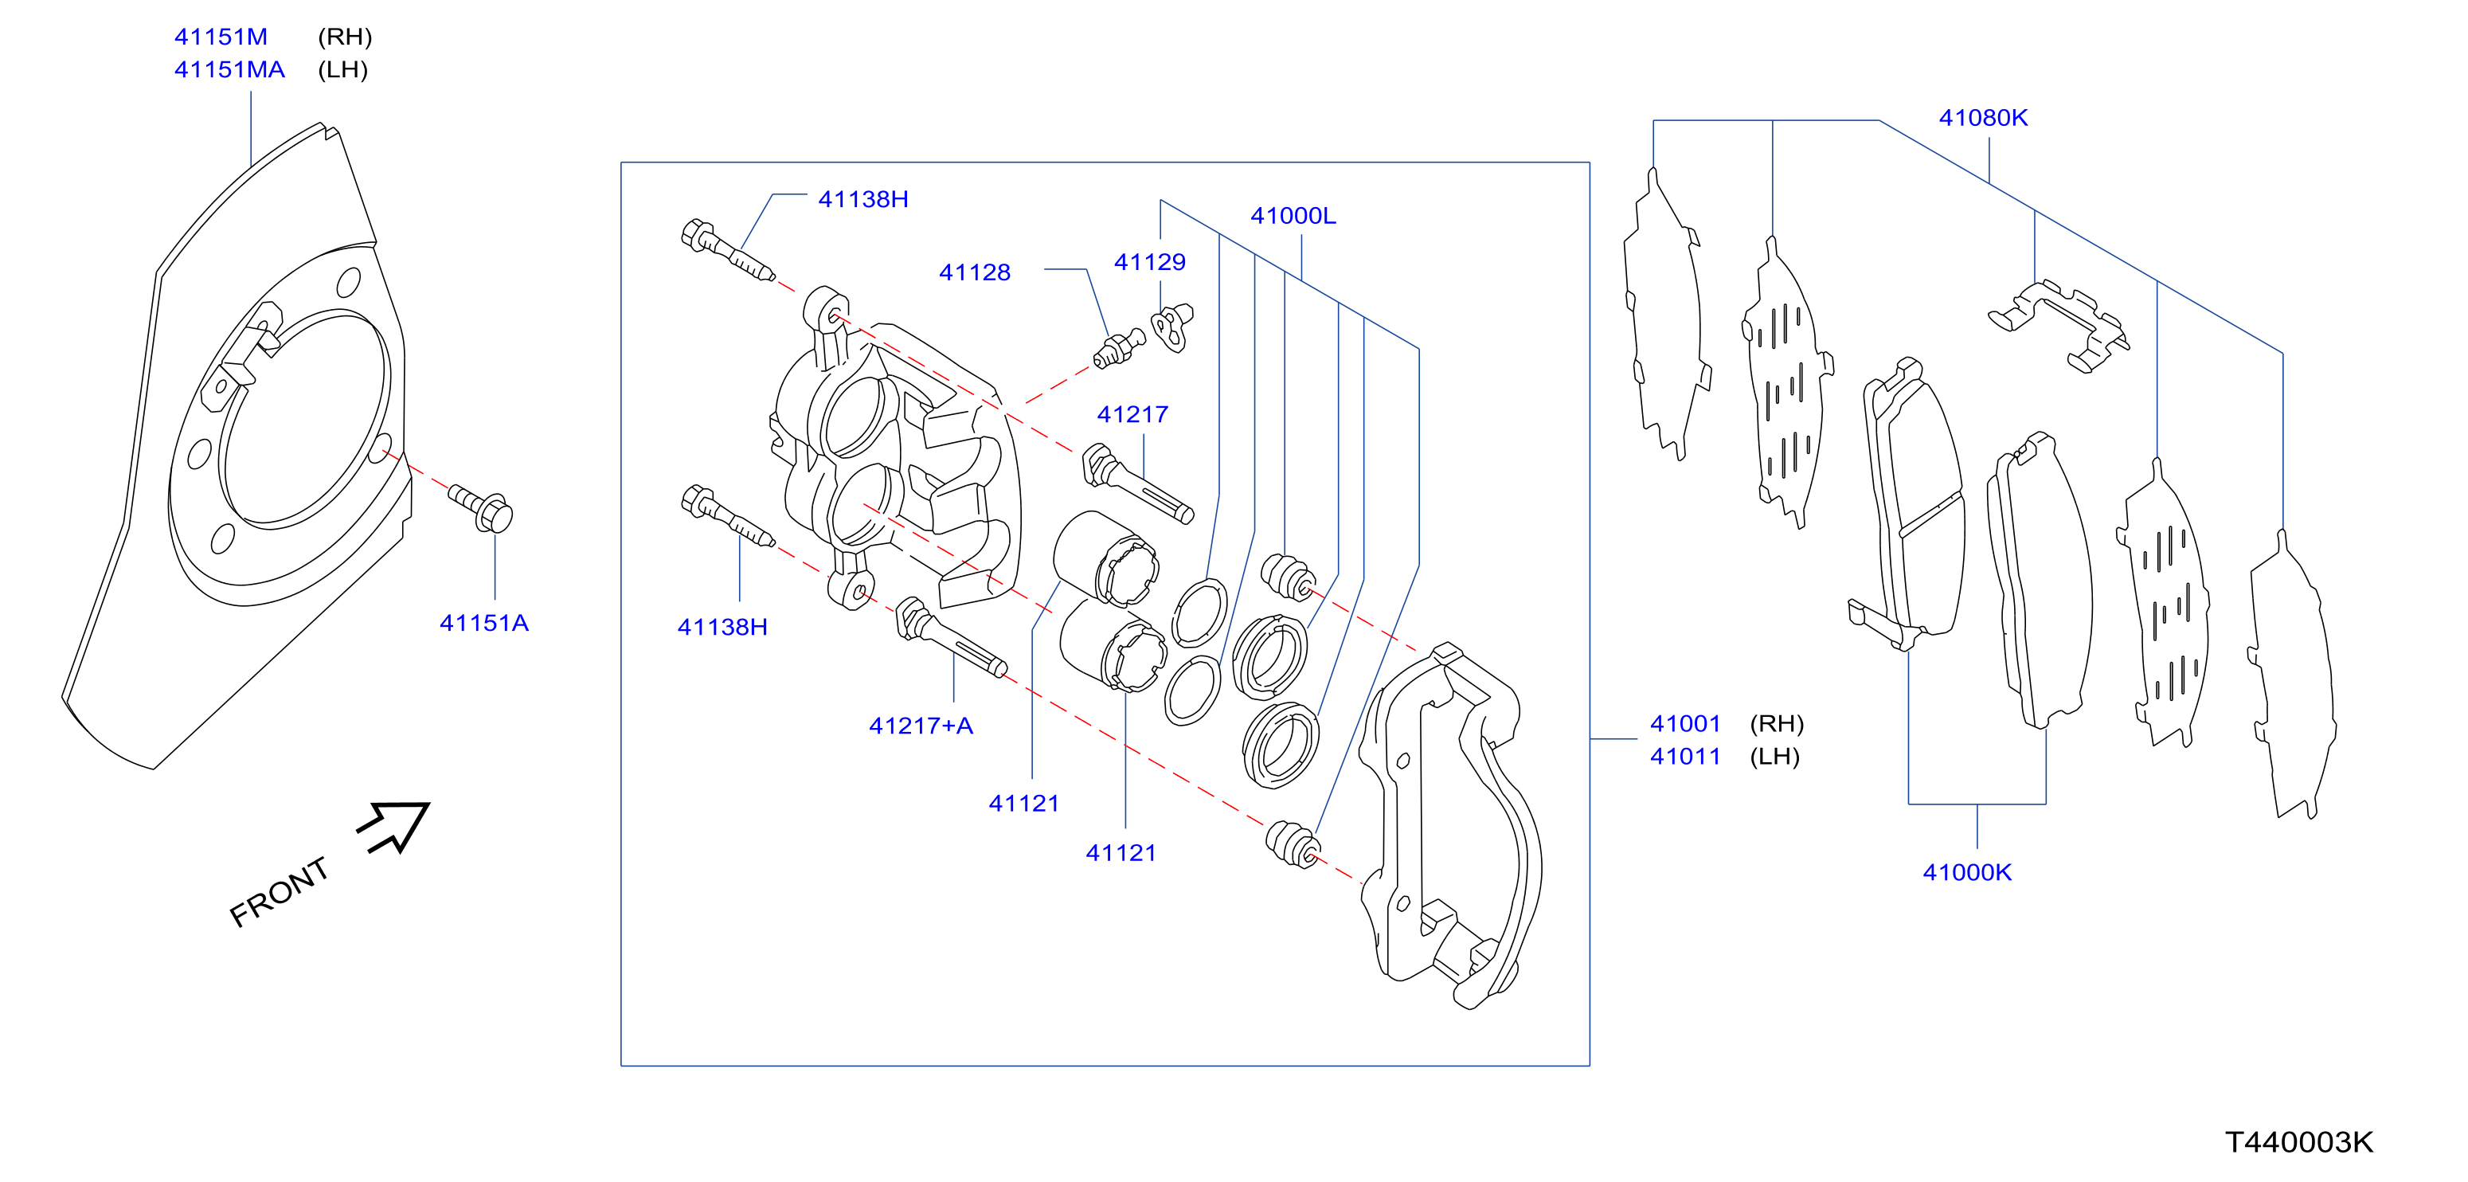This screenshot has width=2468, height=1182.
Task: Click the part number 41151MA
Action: point(229,70)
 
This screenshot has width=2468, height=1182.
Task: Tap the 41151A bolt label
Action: point(484,623)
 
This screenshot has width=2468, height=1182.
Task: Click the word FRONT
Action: point(280,892)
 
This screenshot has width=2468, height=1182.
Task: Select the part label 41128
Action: point(974,272)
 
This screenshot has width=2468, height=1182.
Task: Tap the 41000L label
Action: point(1293,216)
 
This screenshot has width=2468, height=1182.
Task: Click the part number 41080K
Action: point(1983,118)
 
